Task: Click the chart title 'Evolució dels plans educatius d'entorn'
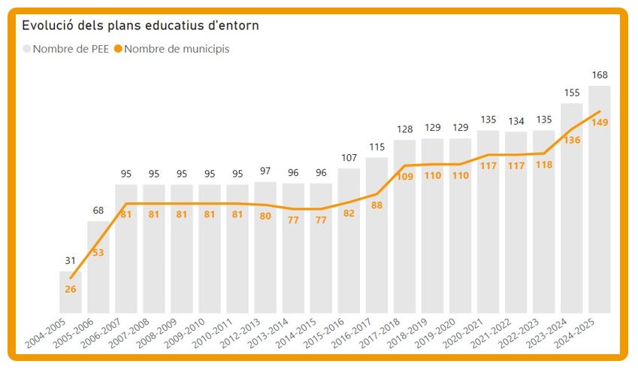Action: click(x=141, y=26)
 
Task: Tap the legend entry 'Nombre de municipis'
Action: click(x=177, y=49)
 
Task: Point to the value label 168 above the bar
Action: click(x=599, y=75)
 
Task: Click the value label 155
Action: click(x=571, y=92)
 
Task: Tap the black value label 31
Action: click(x=71, y=261)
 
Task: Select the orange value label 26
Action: click(x=71, y=289)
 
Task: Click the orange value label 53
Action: click(x=98, y=253)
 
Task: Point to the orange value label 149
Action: click(x=599, y=123)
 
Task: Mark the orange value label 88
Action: click(x=376, y=205)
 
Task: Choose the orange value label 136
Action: click(x=571, y=140)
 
